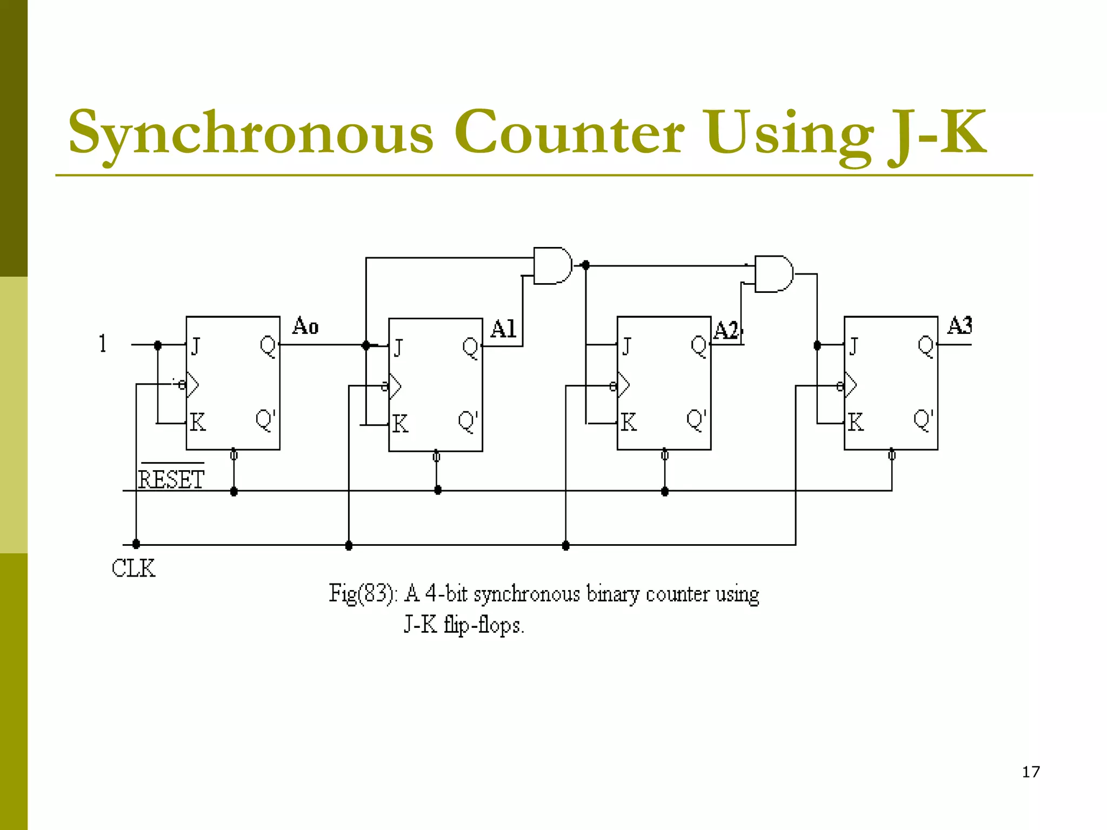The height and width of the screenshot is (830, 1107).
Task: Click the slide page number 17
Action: tap(1031, 772)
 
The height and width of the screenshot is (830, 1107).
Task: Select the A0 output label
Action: tap(305, 326)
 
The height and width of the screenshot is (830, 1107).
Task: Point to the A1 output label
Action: tap(503, 329)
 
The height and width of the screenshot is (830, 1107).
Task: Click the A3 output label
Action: tap(959, 325)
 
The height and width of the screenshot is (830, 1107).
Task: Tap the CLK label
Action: tap(133, 568)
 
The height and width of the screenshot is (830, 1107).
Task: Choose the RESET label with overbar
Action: tap(171, 479)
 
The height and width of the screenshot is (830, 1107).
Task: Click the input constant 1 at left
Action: tap(103, 344)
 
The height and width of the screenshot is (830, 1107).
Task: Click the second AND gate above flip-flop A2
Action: tap(773, 274)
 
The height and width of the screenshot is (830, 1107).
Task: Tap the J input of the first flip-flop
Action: tap(196, 346)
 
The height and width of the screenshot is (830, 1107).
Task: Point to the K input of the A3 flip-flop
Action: tap(856, 422)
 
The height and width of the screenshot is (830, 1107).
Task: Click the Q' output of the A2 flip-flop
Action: tap(696, 420)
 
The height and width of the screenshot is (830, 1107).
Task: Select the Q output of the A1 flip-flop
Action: tap(470, 347)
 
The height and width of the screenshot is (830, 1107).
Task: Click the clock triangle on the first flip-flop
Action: tap(192, 385)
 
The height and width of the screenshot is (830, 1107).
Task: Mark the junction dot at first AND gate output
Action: tap(585, 265)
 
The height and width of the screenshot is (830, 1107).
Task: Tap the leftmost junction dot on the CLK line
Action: tap(136, 544)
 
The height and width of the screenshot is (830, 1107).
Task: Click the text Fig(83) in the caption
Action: tap(363, 593)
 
